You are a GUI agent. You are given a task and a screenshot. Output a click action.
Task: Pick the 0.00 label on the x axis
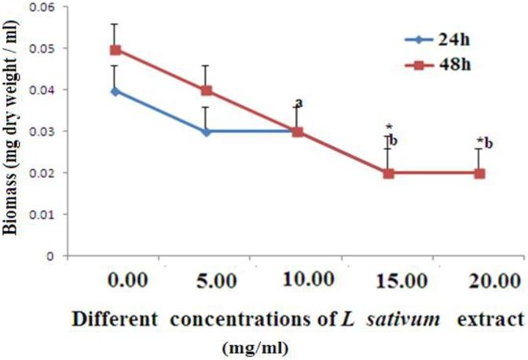115,281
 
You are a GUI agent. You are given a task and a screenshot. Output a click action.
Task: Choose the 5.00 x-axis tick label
207,281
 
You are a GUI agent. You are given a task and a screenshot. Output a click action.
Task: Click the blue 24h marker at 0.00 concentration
115,90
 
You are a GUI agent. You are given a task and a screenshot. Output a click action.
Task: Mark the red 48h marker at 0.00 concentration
115,50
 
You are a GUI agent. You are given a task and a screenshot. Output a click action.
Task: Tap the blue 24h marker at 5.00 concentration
207,132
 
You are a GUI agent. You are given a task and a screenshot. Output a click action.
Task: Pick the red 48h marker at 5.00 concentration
207,90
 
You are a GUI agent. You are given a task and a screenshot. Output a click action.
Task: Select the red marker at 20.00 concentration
480,173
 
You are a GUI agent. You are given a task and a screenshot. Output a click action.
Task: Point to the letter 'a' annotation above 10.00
299,103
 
